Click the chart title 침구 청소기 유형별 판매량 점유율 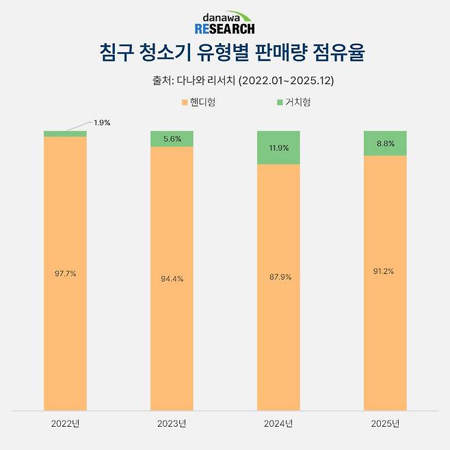[224, 52]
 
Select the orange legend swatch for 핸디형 [184, 103]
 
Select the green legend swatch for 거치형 [280, 103]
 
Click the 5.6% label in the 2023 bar [172, 138]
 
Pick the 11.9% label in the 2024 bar [278, 147]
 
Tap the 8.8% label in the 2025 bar [385, 144]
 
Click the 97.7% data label [65, 274]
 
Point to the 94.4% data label [172, 279]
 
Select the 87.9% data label [278, 277]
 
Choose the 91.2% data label [385, 271]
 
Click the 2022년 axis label [65, 424]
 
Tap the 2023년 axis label [172, 424]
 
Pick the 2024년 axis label [278, 424]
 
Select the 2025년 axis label [385, 424]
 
